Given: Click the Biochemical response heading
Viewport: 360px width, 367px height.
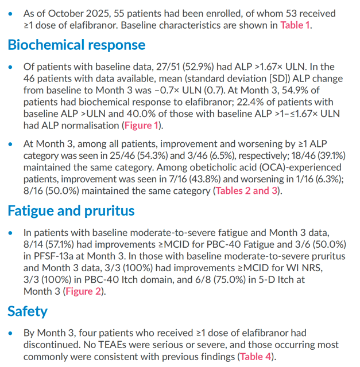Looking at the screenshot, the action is coord(76,45).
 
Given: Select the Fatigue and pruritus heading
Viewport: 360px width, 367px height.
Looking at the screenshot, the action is coord(71,210).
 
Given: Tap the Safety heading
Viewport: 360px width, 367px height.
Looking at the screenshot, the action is coord(28,311).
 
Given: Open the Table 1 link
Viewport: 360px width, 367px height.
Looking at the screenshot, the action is coord(295,25).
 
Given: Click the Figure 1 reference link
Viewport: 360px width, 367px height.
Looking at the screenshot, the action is coord(141,126).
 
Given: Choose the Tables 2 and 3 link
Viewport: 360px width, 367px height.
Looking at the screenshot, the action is coord(246,191).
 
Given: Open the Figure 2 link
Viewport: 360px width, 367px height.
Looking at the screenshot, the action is coord(83,291).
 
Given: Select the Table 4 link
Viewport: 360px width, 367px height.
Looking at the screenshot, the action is coord(256,357).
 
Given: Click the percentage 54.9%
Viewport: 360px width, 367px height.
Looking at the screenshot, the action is coord(295,91).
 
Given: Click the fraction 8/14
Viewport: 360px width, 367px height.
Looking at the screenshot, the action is coord(33,244).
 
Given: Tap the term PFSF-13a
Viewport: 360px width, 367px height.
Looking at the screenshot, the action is coord(53,256).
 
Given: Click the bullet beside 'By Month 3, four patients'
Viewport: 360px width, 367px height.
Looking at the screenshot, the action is coord(10,333).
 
